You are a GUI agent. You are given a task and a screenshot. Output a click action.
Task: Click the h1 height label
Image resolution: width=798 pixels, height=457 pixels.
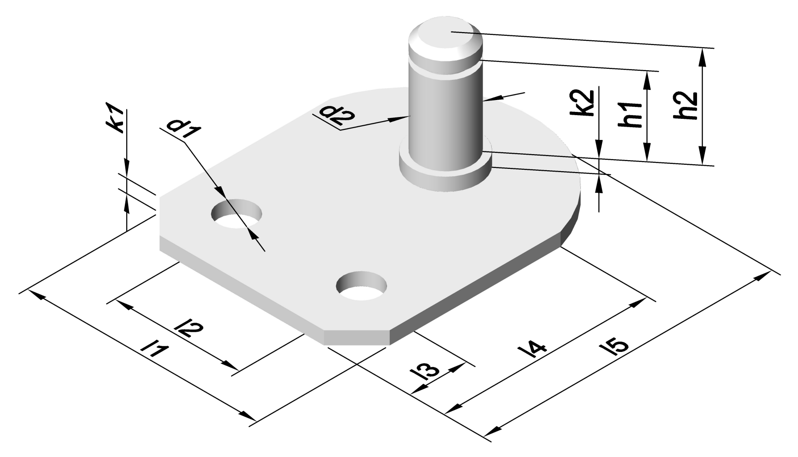point(634,115)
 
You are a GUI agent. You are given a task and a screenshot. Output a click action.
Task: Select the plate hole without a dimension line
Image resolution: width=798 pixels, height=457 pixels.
point(361,287)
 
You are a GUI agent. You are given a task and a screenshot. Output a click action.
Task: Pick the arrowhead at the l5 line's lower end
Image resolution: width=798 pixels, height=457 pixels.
point(492,430)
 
